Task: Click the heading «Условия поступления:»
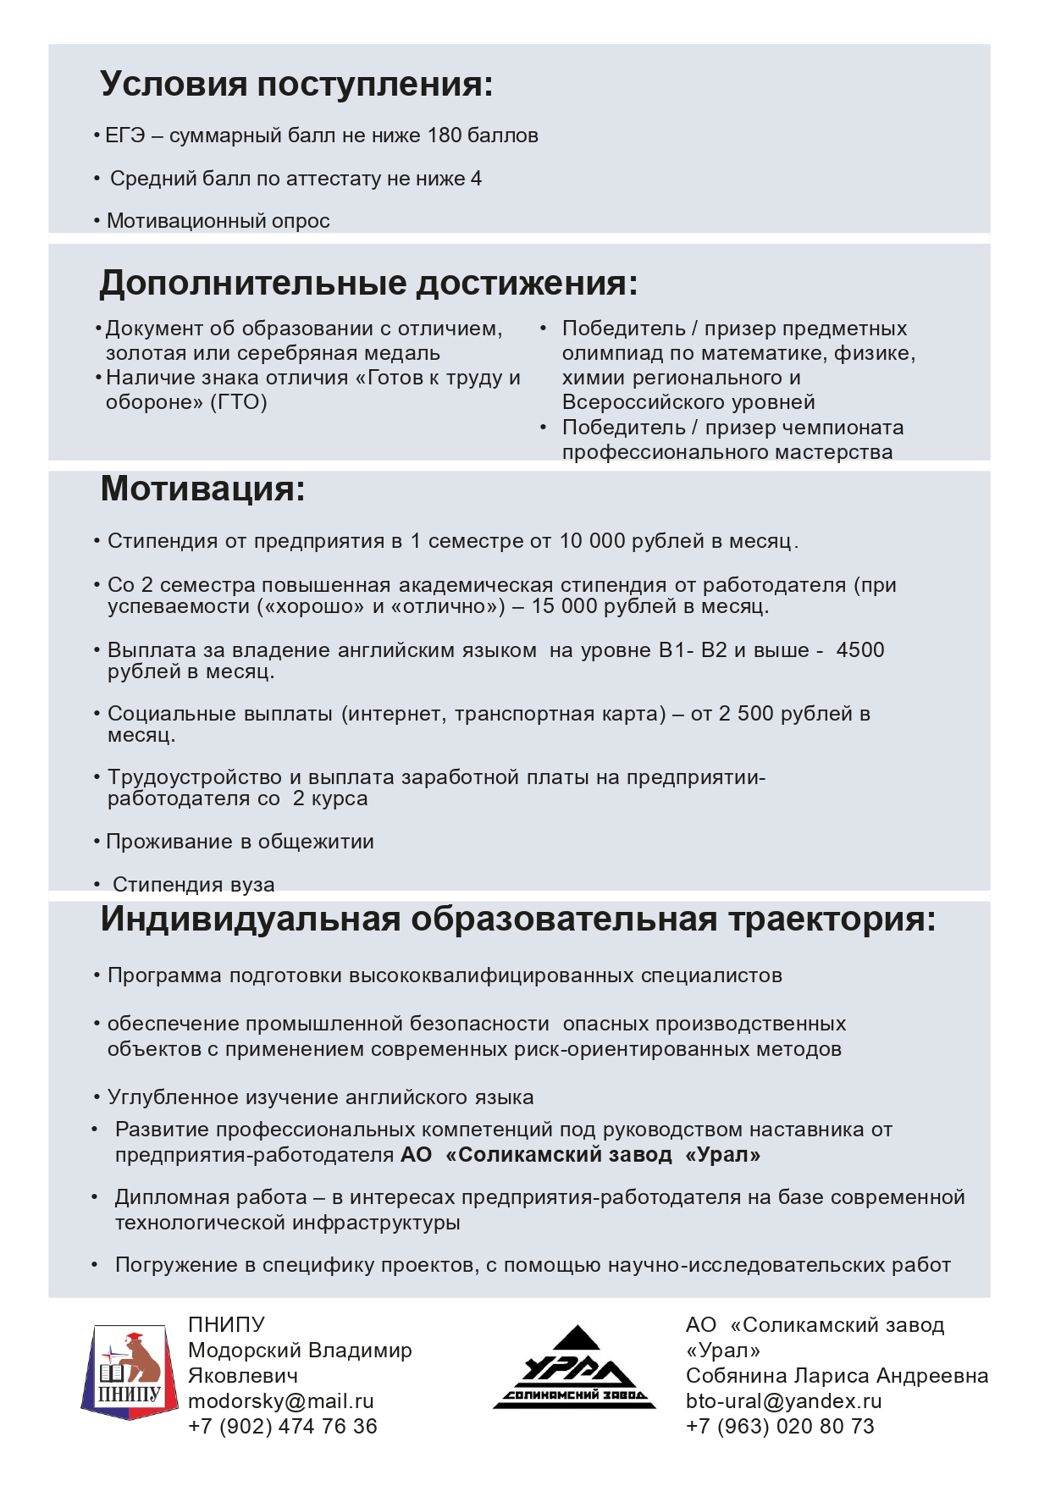click(296, 85)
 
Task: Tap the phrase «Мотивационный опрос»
click(218, 221)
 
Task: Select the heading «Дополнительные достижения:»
click(368, 283)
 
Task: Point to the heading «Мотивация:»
click(202, 489)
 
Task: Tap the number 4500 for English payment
click(859, 650)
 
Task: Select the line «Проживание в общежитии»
click(240, 842)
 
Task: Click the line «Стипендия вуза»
click(193, 885)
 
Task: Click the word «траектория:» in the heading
click(832, 920)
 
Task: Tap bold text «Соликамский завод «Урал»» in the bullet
click(602, 1155)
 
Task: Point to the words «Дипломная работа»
click(211, 1197)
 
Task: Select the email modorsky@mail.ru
click(280, 1401)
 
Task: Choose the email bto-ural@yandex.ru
click(783, 1401)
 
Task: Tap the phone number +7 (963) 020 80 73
click(779, 1427)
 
